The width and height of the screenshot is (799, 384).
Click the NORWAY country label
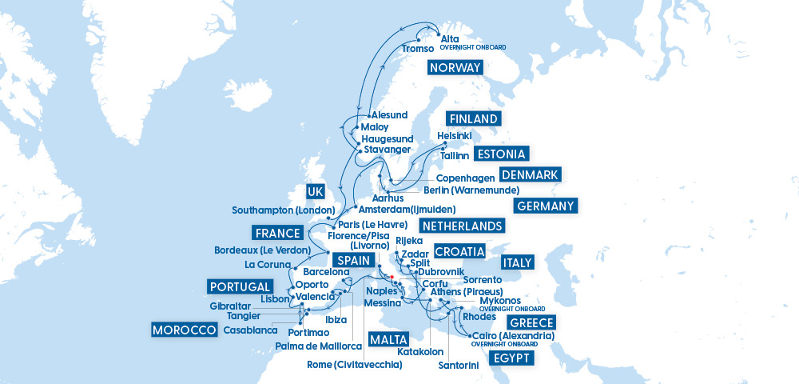[x=455, y=67]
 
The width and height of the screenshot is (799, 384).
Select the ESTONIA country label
[x=500, y=154]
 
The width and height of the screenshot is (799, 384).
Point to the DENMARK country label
[x=530, y=175]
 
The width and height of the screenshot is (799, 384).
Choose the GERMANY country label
[x=546, y=206]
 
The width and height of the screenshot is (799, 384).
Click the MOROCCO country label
[x=185, y=330]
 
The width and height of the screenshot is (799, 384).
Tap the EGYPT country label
[x=511, y=358]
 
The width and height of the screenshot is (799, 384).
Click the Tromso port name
[x=419, y=50]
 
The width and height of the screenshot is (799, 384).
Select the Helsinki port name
[x=455, y=136]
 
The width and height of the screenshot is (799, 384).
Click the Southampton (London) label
[x=283, y=210]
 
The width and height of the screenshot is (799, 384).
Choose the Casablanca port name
[x=250, y=330]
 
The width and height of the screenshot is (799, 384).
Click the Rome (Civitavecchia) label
[x=355, y=365]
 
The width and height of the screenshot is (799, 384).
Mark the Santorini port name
[x=459, y=366]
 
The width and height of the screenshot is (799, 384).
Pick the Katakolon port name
[x=420, y=351]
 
